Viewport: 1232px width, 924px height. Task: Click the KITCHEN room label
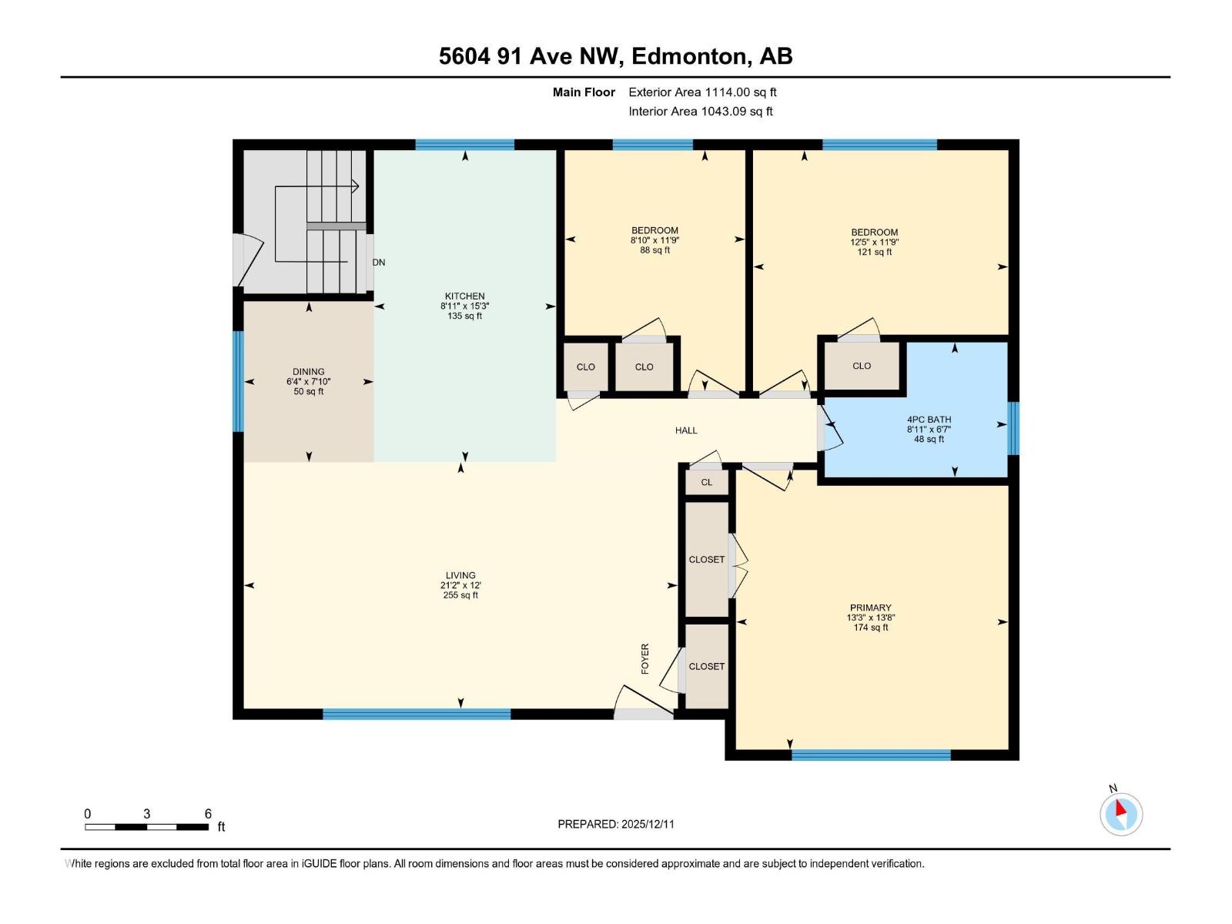464,296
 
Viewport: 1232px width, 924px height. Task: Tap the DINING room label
308,372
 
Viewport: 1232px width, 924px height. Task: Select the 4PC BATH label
929,420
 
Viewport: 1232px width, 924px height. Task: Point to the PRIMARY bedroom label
870,608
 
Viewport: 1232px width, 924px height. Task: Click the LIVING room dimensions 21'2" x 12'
460,585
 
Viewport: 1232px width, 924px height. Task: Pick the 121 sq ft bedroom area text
874,252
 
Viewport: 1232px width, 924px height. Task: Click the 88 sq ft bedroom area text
654,250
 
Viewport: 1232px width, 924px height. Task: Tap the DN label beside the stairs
379,263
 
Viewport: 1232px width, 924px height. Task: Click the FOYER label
645,659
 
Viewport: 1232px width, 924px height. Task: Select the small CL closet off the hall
706,483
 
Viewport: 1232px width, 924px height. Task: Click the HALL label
686,430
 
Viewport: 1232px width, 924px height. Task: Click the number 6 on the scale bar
208,814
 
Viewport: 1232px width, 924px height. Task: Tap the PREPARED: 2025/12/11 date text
615,824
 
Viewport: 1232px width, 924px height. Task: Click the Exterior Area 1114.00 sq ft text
701,92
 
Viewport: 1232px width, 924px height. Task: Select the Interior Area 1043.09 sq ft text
700,112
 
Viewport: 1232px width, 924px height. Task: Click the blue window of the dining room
238,381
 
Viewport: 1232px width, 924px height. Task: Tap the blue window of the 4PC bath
1013,428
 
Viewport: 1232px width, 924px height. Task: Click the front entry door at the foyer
643,714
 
